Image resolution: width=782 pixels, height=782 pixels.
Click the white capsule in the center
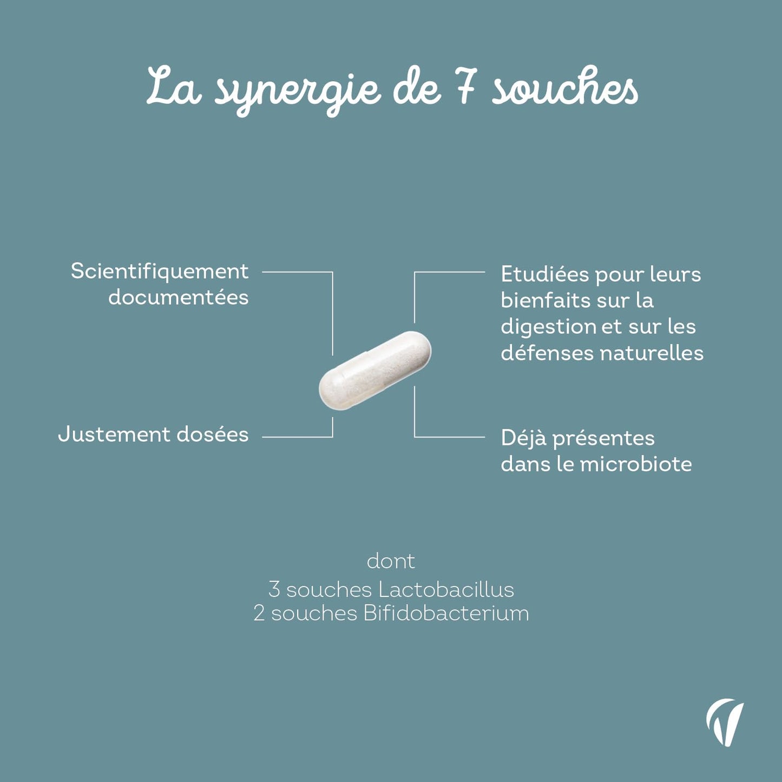pyautogui.click(x=375, y=371)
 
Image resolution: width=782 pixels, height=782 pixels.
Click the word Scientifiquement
pyautogui.click(x=160, y=271)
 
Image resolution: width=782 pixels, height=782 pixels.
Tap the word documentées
pyautogui.click(x=178, y=298)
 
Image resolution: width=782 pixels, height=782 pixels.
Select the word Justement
pyautogui.click(x=114, y=435)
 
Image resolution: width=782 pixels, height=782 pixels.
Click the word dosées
pyautogui.click(x=212, y=435)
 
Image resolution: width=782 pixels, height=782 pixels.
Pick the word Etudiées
pyautogui.click(x=545, y=274)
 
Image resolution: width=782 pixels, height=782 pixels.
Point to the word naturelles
pyautogui.click(x=652, y=353)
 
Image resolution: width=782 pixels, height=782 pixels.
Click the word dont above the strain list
pyautogui.click(x=391, y=562)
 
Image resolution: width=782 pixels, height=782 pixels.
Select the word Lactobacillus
pyautogui.click(x=446, y=590)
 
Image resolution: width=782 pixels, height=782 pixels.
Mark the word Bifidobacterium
pyautogui.click(x=446, y=613)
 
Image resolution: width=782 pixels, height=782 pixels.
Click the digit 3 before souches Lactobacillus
pyautogui.click(x=274, y=590)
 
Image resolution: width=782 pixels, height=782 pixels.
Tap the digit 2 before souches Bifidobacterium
pyautogui.click(x=259, y=614)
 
